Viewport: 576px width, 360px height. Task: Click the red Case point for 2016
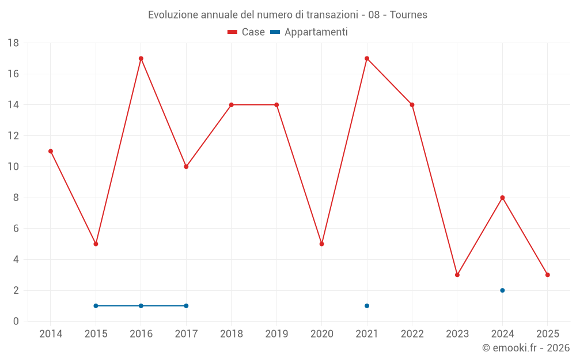point(141,58)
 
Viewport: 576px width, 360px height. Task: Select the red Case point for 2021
point(367,58)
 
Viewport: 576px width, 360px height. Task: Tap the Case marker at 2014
point(51,151)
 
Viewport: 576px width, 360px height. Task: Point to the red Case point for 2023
point(457,275)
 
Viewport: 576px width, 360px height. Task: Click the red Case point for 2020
point(321,244)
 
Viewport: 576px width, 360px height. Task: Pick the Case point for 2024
point(502,198)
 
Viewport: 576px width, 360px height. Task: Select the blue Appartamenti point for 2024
point(502,290)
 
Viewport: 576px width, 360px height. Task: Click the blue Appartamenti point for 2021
point(367,306)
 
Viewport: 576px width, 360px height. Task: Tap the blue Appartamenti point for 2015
point(96,306)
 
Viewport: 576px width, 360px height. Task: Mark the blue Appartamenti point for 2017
point(186,306)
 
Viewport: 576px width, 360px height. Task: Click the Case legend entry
point(247,32)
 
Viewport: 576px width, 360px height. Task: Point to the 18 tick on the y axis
point(13,43)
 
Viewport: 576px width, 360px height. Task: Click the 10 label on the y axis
point(13,167)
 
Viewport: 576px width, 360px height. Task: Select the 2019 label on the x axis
point(276,334)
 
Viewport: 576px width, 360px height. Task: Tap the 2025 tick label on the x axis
point(547,334)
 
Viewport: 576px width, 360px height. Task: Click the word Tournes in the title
point(408,15)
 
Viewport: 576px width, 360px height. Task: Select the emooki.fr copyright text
point(526,348)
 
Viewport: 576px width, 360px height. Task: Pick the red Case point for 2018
point(232,105)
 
